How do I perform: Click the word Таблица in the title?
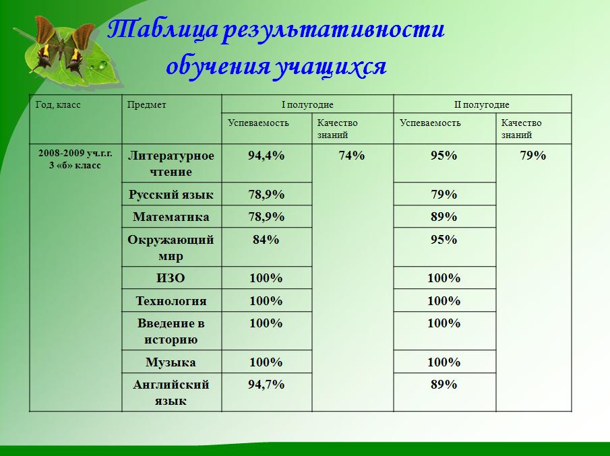point(162,30)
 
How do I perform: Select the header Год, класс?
point(58,104)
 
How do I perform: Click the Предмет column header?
point(147,105)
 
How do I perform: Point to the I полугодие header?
point(307,104)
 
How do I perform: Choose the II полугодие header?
point(482,104)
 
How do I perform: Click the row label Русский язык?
point(171,194)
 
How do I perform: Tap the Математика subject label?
point(171,216)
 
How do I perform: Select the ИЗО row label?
point(171,278)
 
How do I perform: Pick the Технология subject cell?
point(171,301)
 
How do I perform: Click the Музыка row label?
point(171,362)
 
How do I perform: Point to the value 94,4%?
point(266,156)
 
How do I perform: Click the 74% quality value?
point(352,156)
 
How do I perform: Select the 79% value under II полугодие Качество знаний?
point(533,156)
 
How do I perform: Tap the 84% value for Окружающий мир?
point(266,240)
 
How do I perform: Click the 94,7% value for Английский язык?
point(266,385)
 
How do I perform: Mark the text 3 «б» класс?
point(75,165)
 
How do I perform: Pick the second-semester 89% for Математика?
point(444,216)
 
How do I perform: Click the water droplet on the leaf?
point(102,65)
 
